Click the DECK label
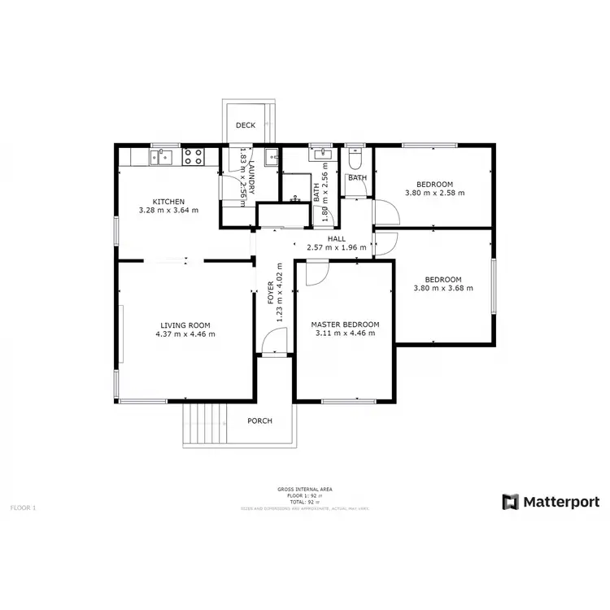coord(246,125)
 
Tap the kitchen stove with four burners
coord(193,155)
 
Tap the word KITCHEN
coord(169,202)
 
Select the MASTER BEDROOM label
coord(345,325)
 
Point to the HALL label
coord(336,239)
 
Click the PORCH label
coord(260,420)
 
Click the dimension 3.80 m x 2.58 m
coord(434,193)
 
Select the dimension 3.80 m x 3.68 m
coord(442,288)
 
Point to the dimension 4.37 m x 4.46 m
coord(185,333)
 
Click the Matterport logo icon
coord(511,502)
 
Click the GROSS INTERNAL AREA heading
coord(304,489)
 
